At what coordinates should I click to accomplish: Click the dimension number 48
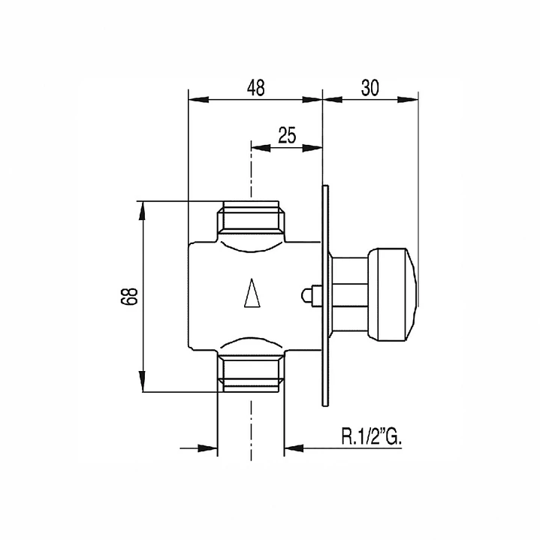(256, 88)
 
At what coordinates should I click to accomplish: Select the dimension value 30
(370, 88)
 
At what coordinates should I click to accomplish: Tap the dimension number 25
(287, 135)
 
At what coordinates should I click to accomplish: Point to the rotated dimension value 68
(129, 296)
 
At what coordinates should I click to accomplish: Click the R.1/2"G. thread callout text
(372, 436)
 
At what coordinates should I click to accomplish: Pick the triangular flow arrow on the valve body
(252, 293)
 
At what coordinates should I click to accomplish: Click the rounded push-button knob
(392, 294)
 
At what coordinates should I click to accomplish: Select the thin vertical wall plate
(325, 296)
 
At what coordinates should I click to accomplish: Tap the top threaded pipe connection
(251, 220)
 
